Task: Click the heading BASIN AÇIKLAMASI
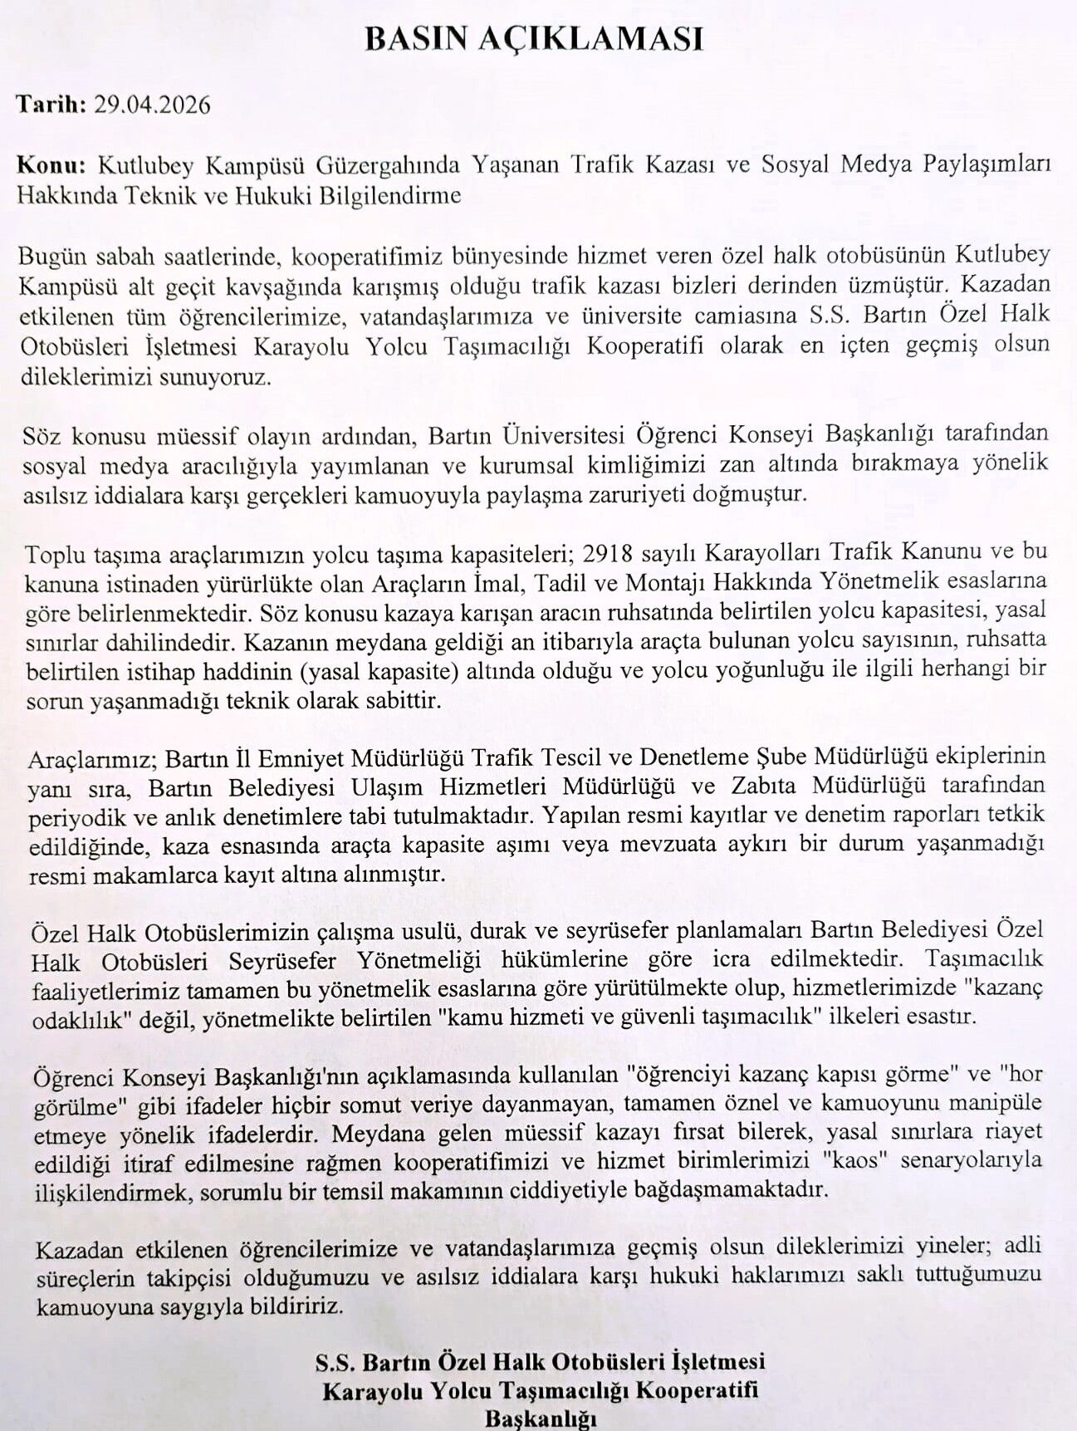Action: pos(534,39)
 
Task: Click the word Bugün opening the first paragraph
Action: pos(52,255)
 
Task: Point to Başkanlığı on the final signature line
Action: pos(540,1419)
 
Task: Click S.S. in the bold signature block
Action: pos(335,1362)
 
